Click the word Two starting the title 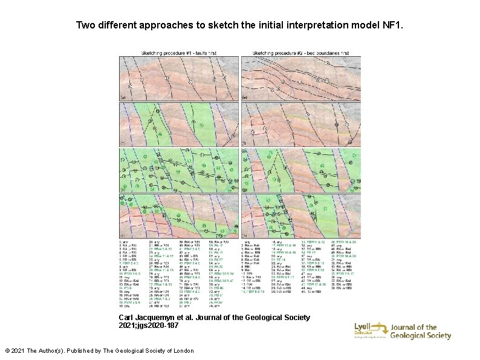[85, 26]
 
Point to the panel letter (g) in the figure [244, 189]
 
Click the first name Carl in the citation [128, 317]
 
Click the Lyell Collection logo [368, 331]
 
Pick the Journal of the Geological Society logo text [421, 332]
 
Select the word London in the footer [181, 351]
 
